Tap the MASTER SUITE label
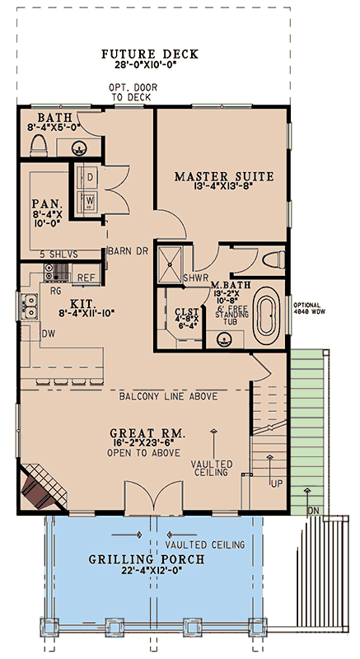(223, 175)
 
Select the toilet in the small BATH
(36, 146)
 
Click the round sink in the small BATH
(80, 149)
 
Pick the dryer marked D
(88, 178)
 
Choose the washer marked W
(88, 200)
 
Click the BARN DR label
(128, 252)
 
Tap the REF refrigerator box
(86, 278)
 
